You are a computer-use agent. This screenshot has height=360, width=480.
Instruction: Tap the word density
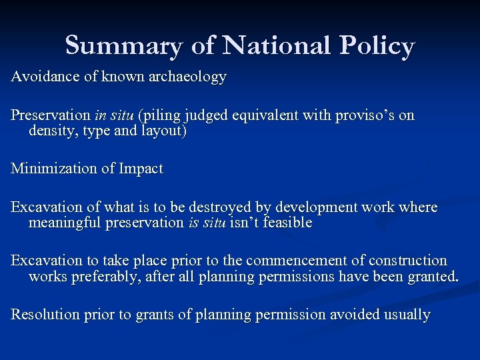click(51, 131)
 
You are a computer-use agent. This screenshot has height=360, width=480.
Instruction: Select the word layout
click(163, 131)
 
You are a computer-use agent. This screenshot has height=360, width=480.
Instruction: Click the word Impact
click(141, 169)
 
